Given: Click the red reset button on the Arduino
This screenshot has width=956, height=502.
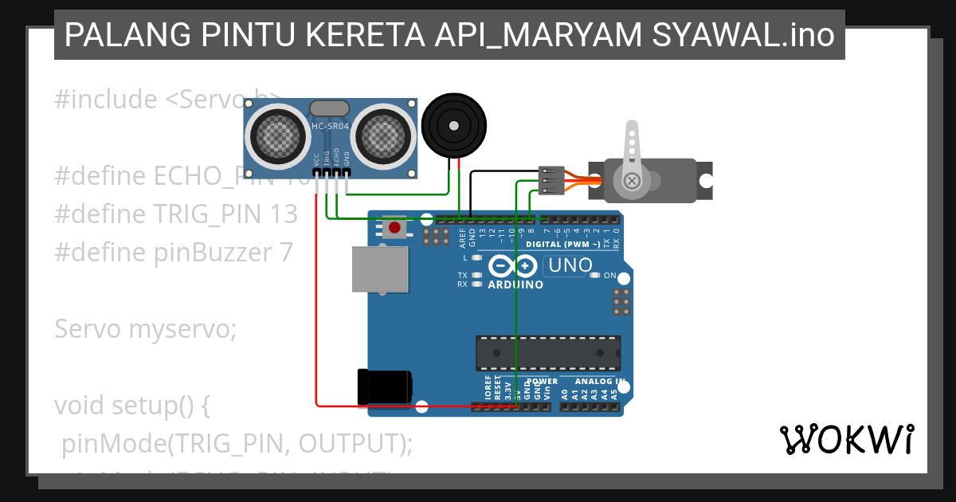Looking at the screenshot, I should pyautogui.click(x=393, y=229).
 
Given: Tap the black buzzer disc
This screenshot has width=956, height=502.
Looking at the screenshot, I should pyautogui.click(x=453, y=125).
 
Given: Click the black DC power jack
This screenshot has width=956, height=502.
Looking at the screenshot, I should pyautogui.click(x=386, y=386).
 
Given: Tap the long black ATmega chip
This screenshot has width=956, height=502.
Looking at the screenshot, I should pyautogui.click(x=547, y=353).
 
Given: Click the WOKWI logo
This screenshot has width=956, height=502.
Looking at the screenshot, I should pyautogui.click(x=846, y=439).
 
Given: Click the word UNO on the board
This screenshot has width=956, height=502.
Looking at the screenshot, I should pyautogui.click(x=570, y=265).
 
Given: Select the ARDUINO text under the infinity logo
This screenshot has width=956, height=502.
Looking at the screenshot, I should pyautogui.click(x=515, y=284).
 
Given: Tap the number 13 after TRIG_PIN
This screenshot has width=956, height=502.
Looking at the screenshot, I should pyautogui.click(x=283, y=214).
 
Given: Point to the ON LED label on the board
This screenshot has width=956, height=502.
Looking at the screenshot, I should pyautogui.click(x=609, y=275).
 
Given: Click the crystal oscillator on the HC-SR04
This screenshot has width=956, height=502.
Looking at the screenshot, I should pyautogui.click(x=329, y=108).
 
